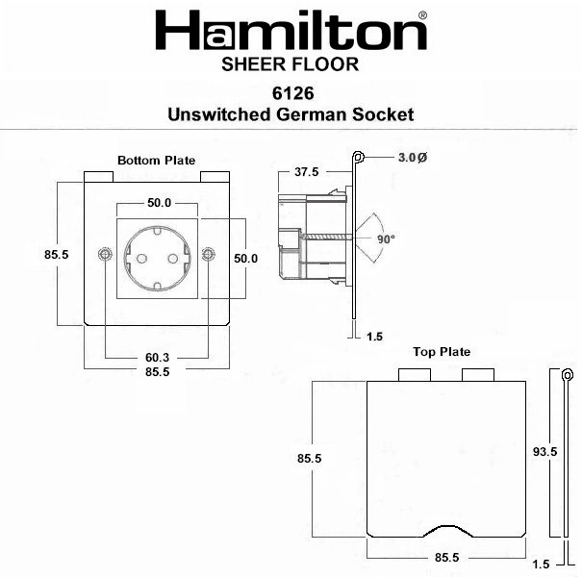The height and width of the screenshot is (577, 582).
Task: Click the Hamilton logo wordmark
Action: pyautogui.click(x=291, y=31)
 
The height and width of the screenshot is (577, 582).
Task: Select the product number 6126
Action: pyautogui.click(x=292, y=93)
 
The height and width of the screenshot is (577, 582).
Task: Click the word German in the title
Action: pyautogui.click(x=311, y=114)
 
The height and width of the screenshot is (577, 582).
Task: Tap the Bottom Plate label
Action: pyautogui.click(x=156, y=161)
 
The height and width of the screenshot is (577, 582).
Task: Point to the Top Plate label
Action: pyautogui.click(x=442, y=352)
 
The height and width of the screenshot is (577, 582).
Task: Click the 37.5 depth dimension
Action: pyautogui.click(x=307, y=172)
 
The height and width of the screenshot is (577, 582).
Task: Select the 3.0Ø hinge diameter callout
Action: pyautogui.click(x=413, y=158)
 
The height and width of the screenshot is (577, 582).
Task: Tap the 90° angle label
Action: pyautogui.click(x=387, y=239)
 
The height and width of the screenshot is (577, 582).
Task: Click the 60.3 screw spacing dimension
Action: pyautogui.click(x=157, y=358)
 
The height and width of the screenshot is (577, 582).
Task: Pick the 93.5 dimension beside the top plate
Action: pyautogui.click(x=544, y=452)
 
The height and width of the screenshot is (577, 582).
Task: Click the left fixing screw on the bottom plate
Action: pyautogui.click(x=106, y=254)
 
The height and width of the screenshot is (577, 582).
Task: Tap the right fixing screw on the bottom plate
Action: pyautogui.click(x=208, y=254)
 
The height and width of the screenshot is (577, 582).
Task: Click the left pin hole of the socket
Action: pyautogui.click(x=141, y=259)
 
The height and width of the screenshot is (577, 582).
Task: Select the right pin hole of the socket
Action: pyautogui.click(x=172, y=259)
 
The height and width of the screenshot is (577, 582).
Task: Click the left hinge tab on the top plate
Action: pyautogui.click(x=415, y=375)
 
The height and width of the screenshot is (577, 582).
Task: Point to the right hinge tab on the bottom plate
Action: pyautogui.click(x=215, y=177)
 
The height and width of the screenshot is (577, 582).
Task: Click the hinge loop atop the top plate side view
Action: pyautogui.click(x=567, y=375)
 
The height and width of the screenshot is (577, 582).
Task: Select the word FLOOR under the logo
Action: pyautogui.click(x=325, y=64)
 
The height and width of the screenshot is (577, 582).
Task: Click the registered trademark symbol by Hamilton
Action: pyautogui.click(x=422, y=15)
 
